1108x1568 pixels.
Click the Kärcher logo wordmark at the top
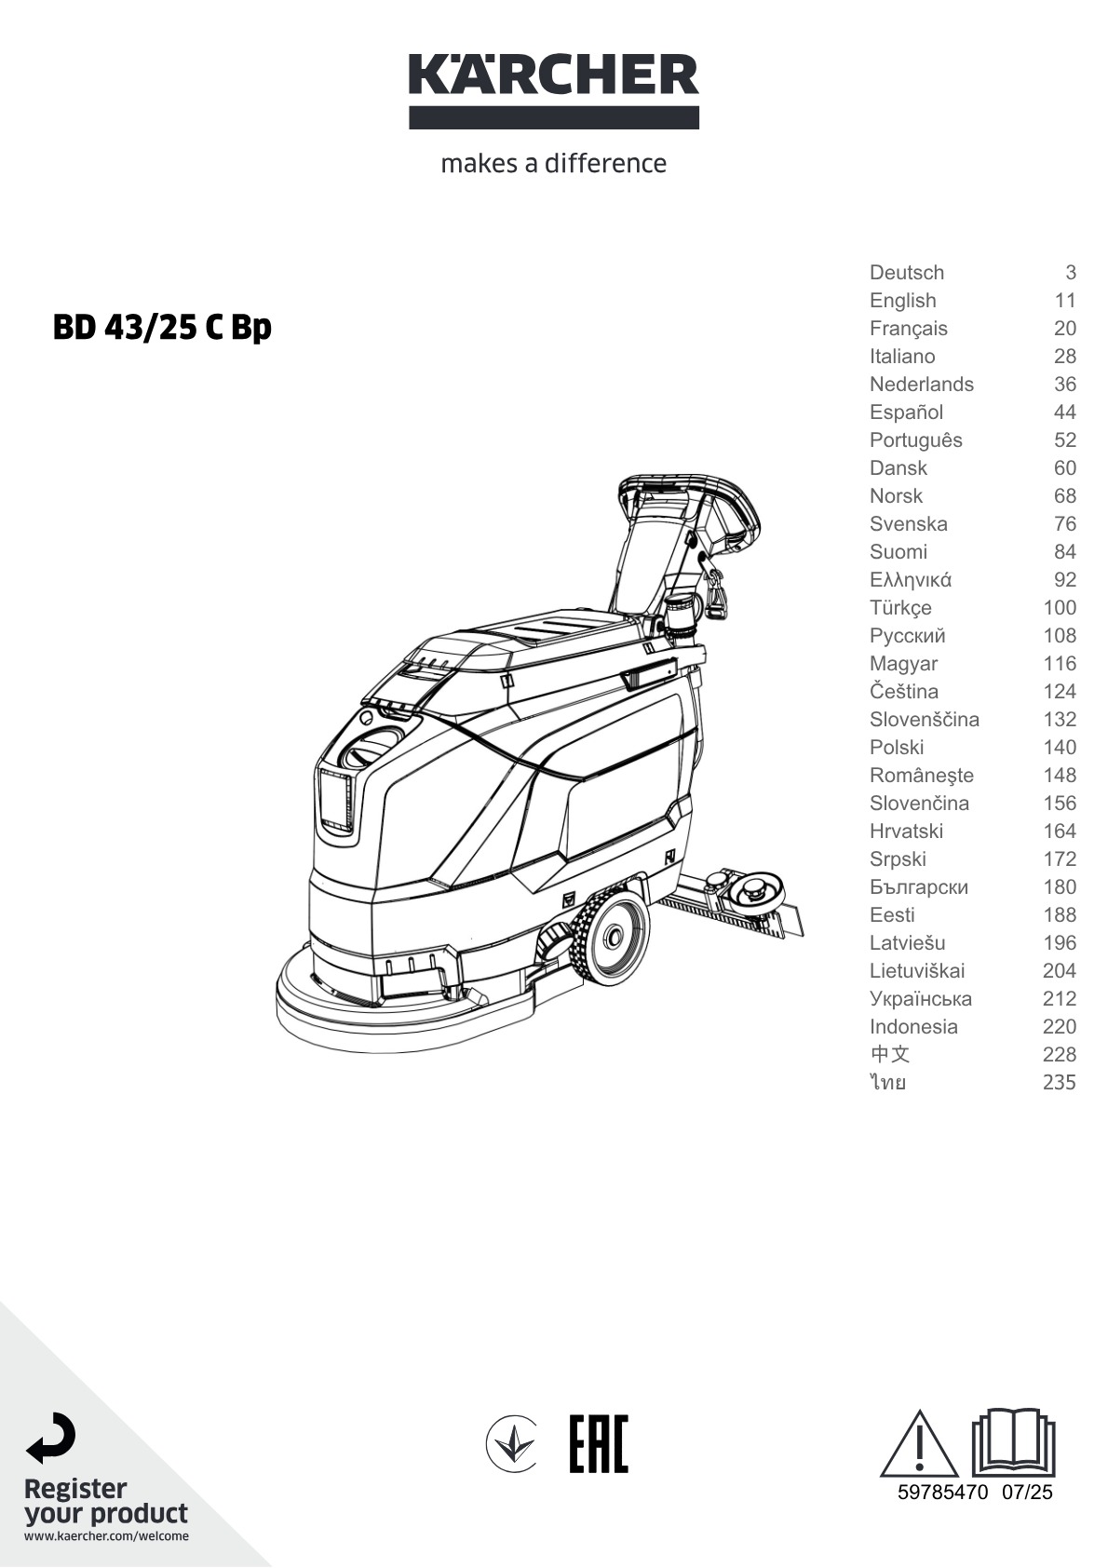(554, 74)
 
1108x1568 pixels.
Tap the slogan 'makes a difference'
(554, 164)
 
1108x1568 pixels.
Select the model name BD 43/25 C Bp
(162, 328)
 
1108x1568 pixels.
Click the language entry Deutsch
(906, 272)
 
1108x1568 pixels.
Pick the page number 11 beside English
(1065, 301)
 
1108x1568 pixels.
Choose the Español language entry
(906, 412)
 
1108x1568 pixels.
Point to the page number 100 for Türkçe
(1060, 608)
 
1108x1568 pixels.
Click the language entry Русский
(907, 636)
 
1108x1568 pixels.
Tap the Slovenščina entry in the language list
(924, 720)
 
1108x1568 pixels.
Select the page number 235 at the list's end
(1059, 1082)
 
